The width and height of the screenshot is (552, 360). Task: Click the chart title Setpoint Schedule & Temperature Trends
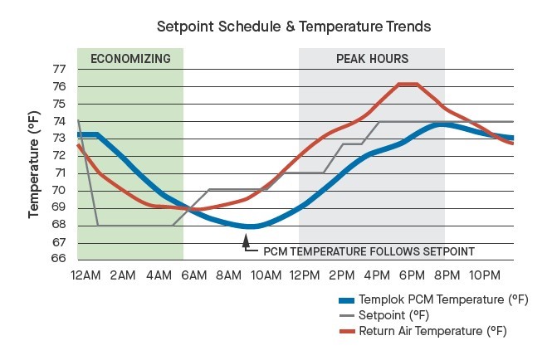[x=295, y=27]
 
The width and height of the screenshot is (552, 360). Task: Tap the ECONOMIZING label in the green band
[x=130, y=59]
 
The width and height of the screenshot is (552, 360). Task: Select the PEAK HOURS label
[x=372, y=59]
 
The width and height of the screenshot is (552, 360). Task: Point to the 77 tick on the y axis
[x=59, y=69]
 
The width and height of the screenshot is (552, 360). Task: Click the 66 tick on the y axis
[x=59, y=259]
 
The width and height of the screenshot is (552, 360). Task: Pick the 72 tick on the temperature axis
[x=59, y=156]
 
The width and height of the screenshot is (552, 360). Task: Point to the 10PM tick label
[x=484, y=275]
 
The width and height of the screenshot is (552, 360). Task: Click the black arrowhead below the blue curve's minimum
[x=246, y=242]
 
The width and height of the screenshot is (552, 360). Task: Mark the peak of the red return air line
[x=407, y=84]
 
